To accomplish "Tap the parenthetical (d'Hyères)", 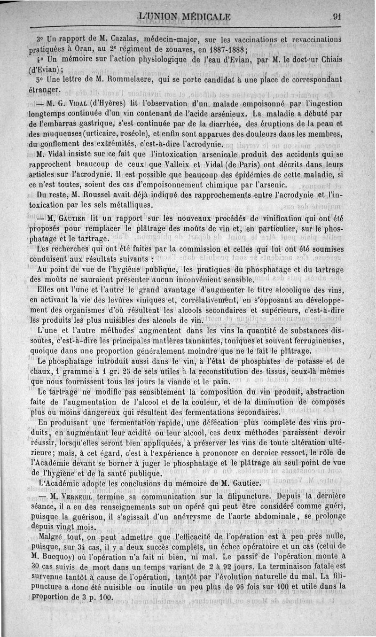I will [x=108, y=103].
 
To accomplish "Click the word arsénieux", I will [x=227, y=114].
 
